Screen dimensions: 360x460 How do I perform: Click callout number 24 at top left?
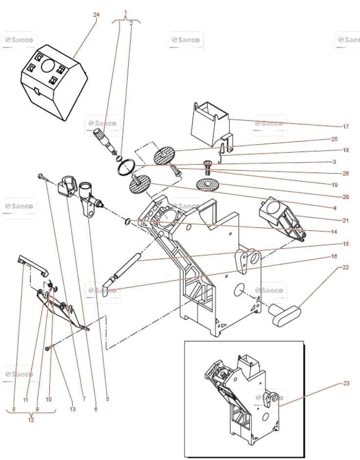pyautogui.click(x=96, y=15)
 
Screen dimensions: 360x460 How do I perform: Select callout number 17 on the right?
pyautogui.click(x=346, y=127)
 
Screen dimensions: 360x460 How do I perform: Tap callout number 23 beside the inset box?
pyautogui.click(x=346, y=383)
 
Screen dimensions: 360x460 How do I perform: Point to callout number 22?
pyautogui.click(x=346, y=267)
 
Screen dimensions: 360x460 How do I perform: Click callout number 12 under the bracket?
pyautogui.click(x=31, y=420)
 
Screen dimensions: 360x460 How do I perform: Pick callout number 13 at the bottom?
pyautogui.click(x=72, y=409)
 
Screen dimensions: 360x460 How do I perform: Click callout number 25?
pyautogui.click(x=335, y=139)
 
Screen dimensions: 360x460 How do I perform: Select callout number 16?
pyautogui.click(x=334, y=256)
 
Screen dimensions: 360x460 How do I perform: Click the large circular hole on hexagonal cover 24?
pyautogui.click(x=47, y=65)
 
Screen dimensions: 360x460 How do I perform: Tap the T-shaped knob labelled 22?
pyautogui.click(x=285, y=314)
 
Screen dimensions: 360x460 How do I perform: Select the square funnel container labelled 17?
pyautogui.click(x=211, y=124)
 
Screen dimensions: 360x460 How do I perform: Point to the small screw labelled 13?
pyautogui.click(x=49, y=348)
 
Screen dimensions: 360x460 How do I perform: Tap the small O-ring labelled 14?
pyautogui.click(x=128, y=222)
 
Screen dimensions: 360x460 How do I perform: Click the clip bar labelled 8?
pyautogui.click(x=32, y=265)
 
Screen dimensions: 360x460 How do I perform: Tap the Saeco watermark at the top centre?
pyautogui.click(x=185, y=40)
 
